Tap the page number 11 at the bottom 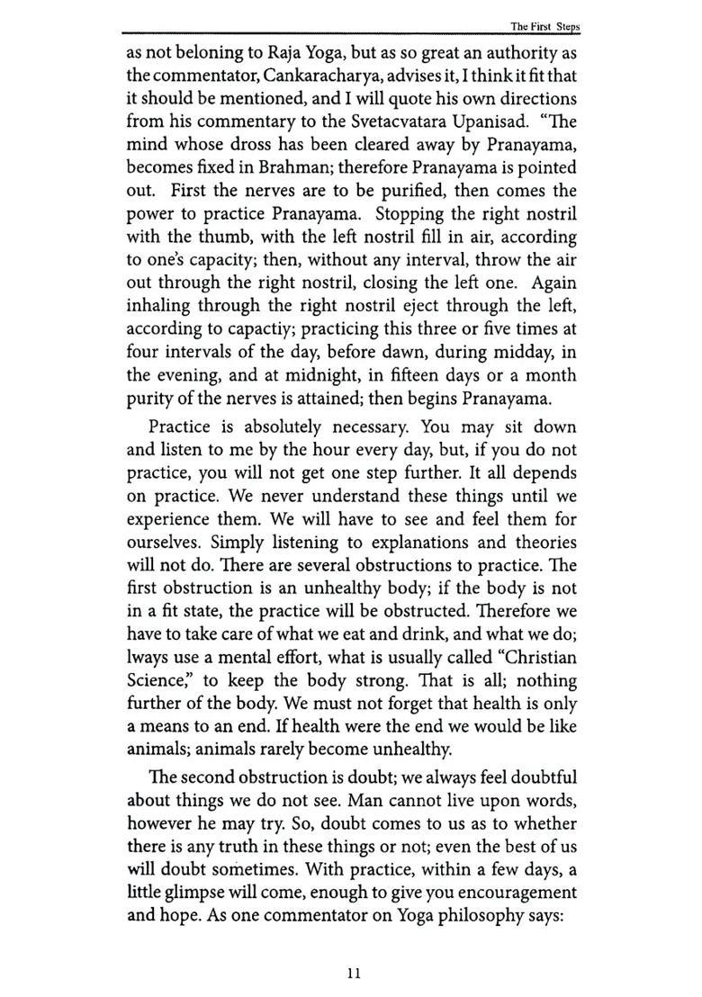353,972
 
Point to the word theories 543,543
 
